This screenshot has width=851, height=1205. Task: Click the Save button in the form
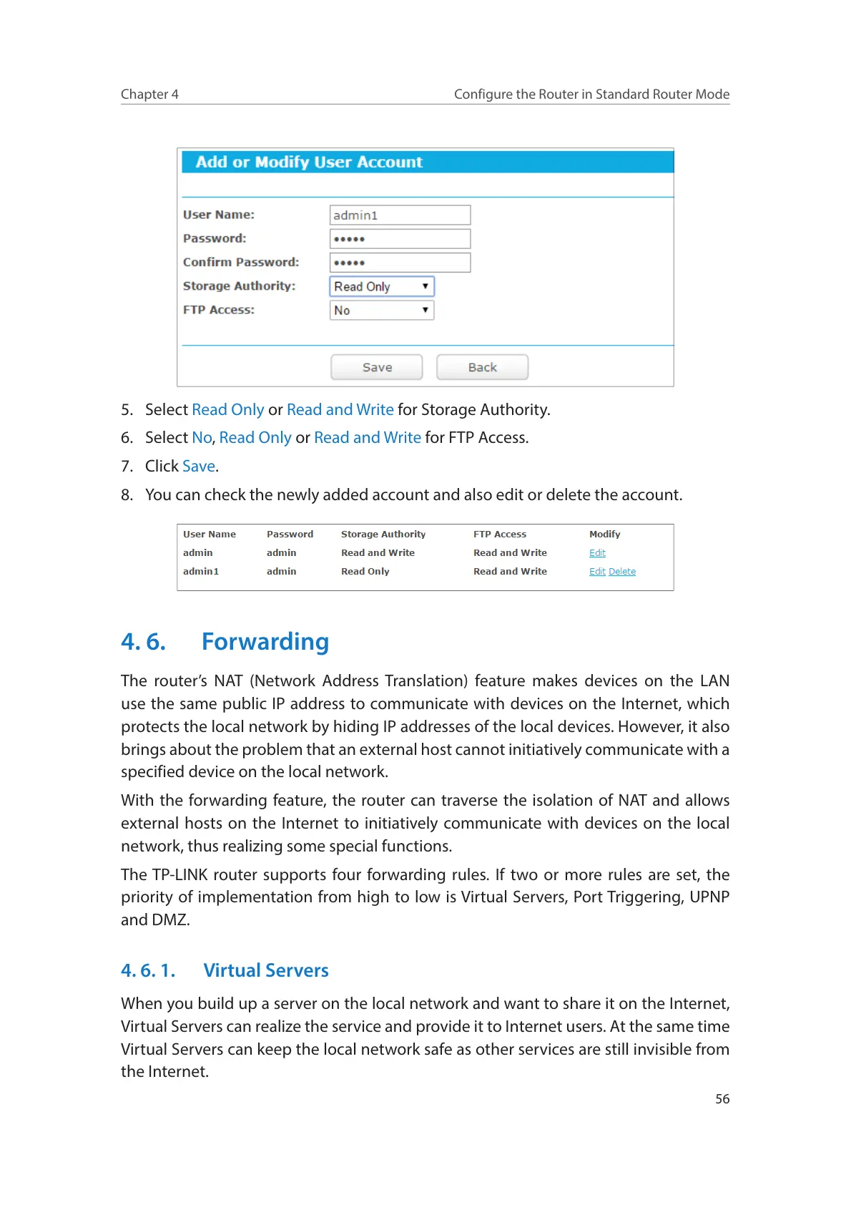tap(376, 367)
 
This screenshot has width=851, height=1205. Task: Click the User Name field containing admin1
tap(400, 215)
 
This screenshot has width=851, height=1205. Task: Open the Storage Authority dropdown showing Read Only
tap(382, 287)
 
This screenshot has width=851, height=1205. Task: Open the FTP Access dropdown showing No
tap(382, 311)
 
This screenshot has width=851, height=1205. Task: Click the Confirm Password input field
tap(400, 263)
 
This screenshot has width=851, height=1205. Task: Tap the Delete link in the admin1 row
tap(622, 572)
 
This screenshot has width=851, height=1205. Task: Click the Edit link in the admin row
tap(597, 553)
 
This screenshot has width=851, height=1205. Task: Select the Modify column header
tap(604, 535)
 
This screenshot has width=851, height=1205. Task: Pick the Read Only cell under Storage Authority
tap(365, 572)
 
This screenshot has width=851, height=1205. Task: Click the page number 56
tap(722, 1099)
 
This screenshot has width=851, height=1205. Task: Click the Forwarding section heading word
tap(265, 642)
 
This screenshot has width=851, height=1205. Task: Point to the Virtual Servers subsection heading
tap(266, 970)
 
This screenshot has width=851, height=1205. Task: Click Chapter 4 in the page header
tap(149, 94)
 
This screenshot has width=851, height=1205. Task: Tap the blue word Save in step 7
tap(199, 467)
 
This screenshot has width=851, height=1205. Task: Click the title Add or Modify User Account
tap(309, 162)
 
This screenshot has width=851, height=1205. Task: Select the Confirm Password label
tap(241, 263)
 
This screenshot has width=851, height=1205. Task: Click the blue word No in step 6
tap(202, 438)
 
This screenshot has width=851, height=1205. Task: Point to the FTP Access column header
tap(499, 535)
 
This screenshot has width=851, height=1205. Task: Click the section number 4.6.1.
tap(148, 970)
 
